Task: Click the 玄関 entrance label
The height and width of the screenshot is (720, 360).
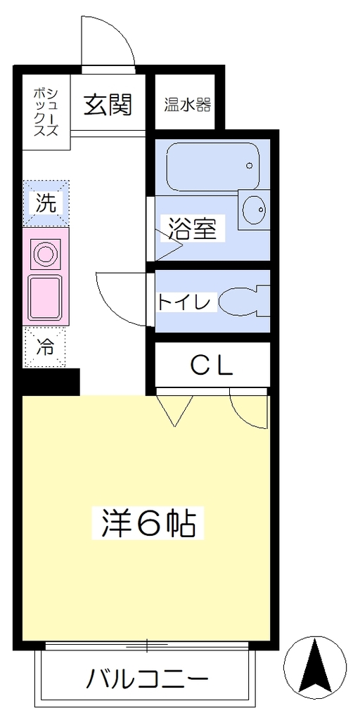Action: [108, 105]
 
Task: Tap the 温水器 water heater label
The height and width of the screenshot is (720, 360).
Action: [188, 105]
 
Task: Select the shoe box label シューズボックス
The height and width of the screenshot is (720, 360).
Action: [46, 111]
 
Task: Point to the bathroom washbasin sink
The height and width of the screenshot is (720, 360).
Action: [253, 210]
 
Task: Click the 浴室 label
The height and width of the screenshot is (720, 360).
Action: [192, 229]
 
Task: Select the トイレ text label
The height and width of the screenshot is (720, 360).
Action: [185, 302]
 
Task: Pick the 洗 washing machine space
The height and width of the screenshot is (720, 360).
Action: [46, 203]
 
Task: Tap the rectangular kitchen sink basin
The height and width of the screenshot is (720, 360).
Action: [44, 297]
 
